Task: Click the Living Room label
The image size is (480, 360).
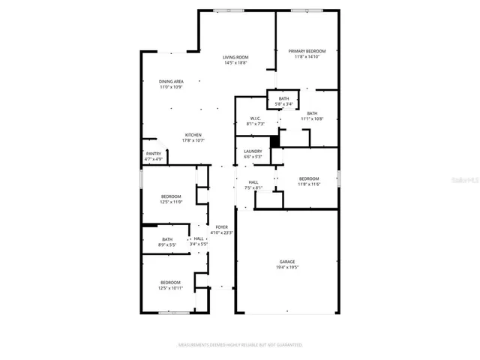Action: [x=235, y=58]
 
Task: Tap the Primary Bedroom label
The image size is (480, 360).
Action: [x=307, y=51]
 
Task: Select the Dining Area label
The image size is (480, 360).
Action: [x=171, y=81]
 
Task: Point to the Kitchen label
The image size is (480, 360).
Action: [x=193, y=135]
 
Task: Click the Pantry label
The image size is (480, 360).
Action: [x=153, y=154]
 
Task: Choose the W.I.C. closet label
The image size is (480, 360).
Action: [x=255, y=119]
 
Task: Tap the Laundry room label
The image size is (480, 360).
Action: [x=252, y=151]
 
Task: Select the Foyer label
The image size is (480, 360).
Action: [x=221, y=226]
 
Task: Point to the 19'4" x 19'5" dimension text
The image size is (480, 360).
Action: [x=287, y=267]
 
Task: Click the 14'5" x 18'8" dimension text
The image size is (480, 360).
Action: [x=235, y=63]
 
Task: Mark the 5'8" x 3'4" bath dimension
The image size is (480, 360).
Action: [x=283, y=103]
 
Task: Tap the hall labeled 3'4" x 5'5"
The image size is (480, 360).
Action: [x=199, y=240]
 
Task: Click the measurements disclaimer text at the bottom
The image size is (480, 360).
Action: [x=239, y=345]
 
